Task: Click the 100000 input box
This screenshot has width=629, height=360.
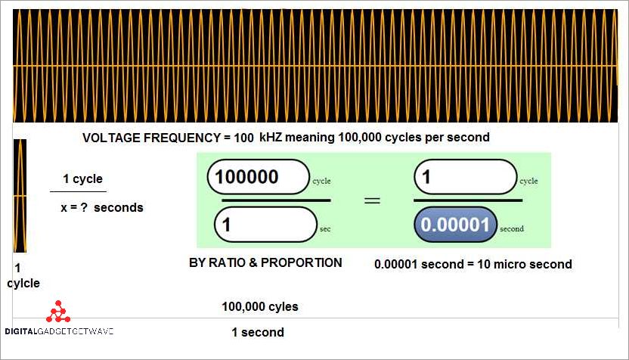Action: pyautogui.click(x=258, y=177)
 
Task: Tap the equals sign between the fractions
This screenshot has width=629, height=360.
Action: pyautogui.click(x=373, y=200)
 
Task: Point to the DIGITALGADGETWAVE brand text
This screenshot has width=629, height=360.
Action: pyautogui.click(x=59, y=332)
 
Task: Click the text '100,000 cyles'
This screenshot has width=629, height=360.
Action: pyautogui.click(x=259, y=307)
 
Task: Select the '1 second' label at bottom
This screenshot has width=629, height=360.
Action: pyautogui.click(x=258, y=332)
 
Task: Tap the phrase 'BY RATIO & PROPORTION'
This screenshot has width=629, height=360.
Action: pyautogui.click(x=265, y=263)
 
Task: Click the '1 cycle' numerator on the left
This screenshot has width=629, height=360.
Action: pyautogui.click(x=82, y=179)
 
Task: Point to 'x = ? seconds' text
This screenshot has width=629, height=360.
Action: pyautogui.click(x=101, y=207)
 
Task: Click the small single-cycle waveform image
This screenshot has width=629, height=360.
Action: pyautogui.click(x=20, y=196)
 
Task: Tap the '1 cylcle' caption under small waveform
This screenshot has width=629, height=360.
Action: pyautogui.click(x=23, y=276)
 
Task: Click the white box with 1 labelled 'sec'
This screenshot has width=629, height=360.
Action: pyautogui.click(x=265, y=225)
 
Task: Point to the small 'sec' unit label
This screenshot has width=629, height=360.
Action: pyautogui.click(x=325, y=228)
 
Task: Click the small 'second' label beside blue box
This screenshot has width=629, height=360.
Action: pyautogui.click(x=511, y=228)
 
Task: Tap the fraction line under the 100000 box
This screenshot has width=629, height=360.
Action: pyautogui.click(x=276, y=200)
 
